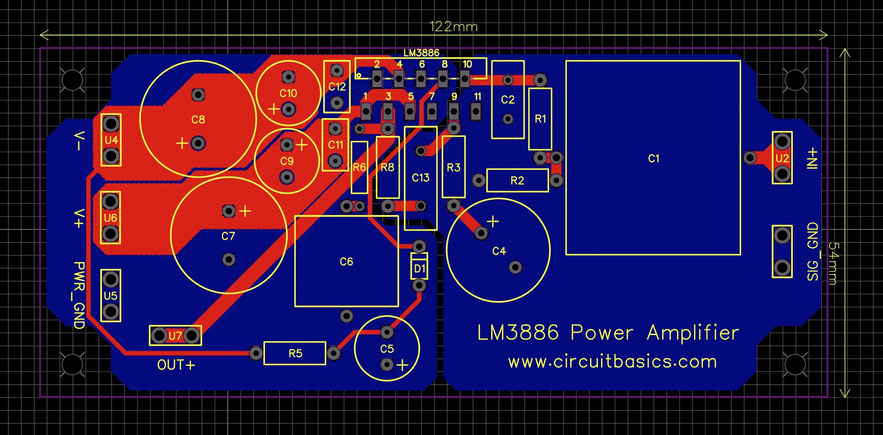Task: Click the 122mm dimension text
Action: (454, 27)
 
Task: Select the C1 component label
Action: (654, 158)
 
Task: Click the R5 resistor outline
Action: (295, 353)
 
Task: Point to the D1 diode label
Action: (419, 268)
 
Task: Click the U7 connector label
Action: (175, 336)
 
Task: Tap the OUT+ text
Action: (176, 365)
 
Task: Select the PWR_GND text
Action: (79, 295)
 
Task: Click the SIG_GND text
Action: (813, 251)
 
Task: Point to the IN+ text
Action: (813, 158)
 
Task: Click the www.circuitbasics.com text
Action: (613, 362)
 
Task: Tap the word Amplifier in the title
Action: (693, 333)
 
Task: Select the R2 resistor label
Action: (517, 181)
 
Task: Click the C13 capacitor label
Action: (420, 178)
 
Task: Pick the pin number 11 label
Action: (477, 97)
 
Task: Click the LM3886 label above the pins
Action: (421, 53)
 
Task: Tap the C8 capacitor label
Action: (198, 120)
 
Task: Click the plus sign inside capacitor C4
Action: (493, 221)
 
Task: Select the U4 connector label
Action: (111, 140)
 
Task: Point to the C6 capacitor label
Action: (346, 262)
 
